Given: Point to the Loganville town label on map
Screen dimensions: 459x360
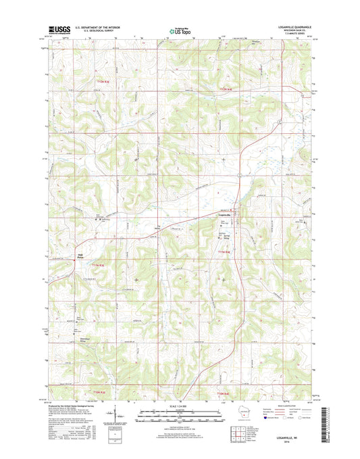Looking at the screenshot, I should point(224,215).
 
